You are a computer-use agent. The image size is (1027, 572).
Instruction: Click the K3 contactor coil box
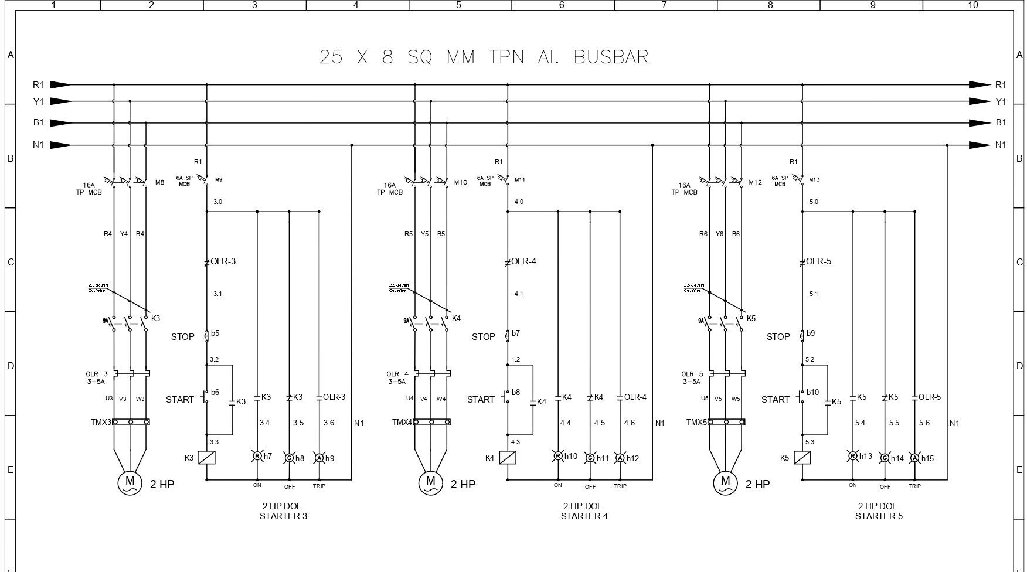click(x=207, y=458)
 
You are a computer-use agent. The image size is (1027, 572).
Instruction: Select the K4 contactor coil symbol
click(x=508, y=458)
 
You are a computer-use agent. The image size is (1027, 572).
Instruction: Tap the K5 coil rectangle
click(x=802, y=458)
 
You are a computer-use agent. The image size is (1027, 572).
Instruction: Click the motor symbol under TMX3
click(x=130, y=482)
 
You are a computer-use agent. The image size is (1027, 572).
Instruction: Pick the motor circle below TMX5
click(x=725, y=482)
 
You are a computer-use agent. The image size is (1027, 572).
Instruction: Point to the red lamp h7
click(x=257, y=456)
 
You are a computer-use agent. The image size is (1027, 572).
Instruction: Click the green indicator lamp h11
click(x=590, y=458)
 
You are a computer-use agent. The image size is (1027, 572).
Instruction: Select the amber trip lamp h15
click(x=914, y=458)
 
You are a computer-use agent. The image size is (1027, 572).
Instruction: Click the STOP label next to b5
click(x=182, y=337)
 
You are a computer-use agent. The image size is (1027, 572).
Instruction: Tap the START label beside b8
click(x=481, y=400)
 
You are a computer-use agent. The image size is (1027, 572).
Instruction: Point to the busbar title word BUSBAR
click(x=611, y=57)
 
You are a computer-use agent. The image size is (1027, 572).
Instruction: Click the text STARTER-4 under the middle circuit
click(x=584, y=516)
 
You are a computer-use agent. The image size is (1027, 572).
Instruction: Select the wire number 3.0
click(x=217, y=202)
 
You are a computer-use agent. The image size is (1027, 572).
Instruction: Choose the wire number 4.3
click(x=515, y=442)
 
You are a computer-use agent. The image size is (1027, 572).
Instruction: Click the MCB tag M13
click(x=814, y=180)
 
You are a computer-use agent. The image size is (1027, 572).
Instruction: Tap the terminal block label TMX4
click(x=403, y=422)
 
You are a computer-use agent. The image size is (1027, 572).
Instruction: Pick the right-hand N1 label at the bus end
click(x=1001, y=145)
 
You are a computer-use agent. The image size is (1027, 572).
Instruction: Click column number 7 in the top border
click(x=664, y=5)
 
